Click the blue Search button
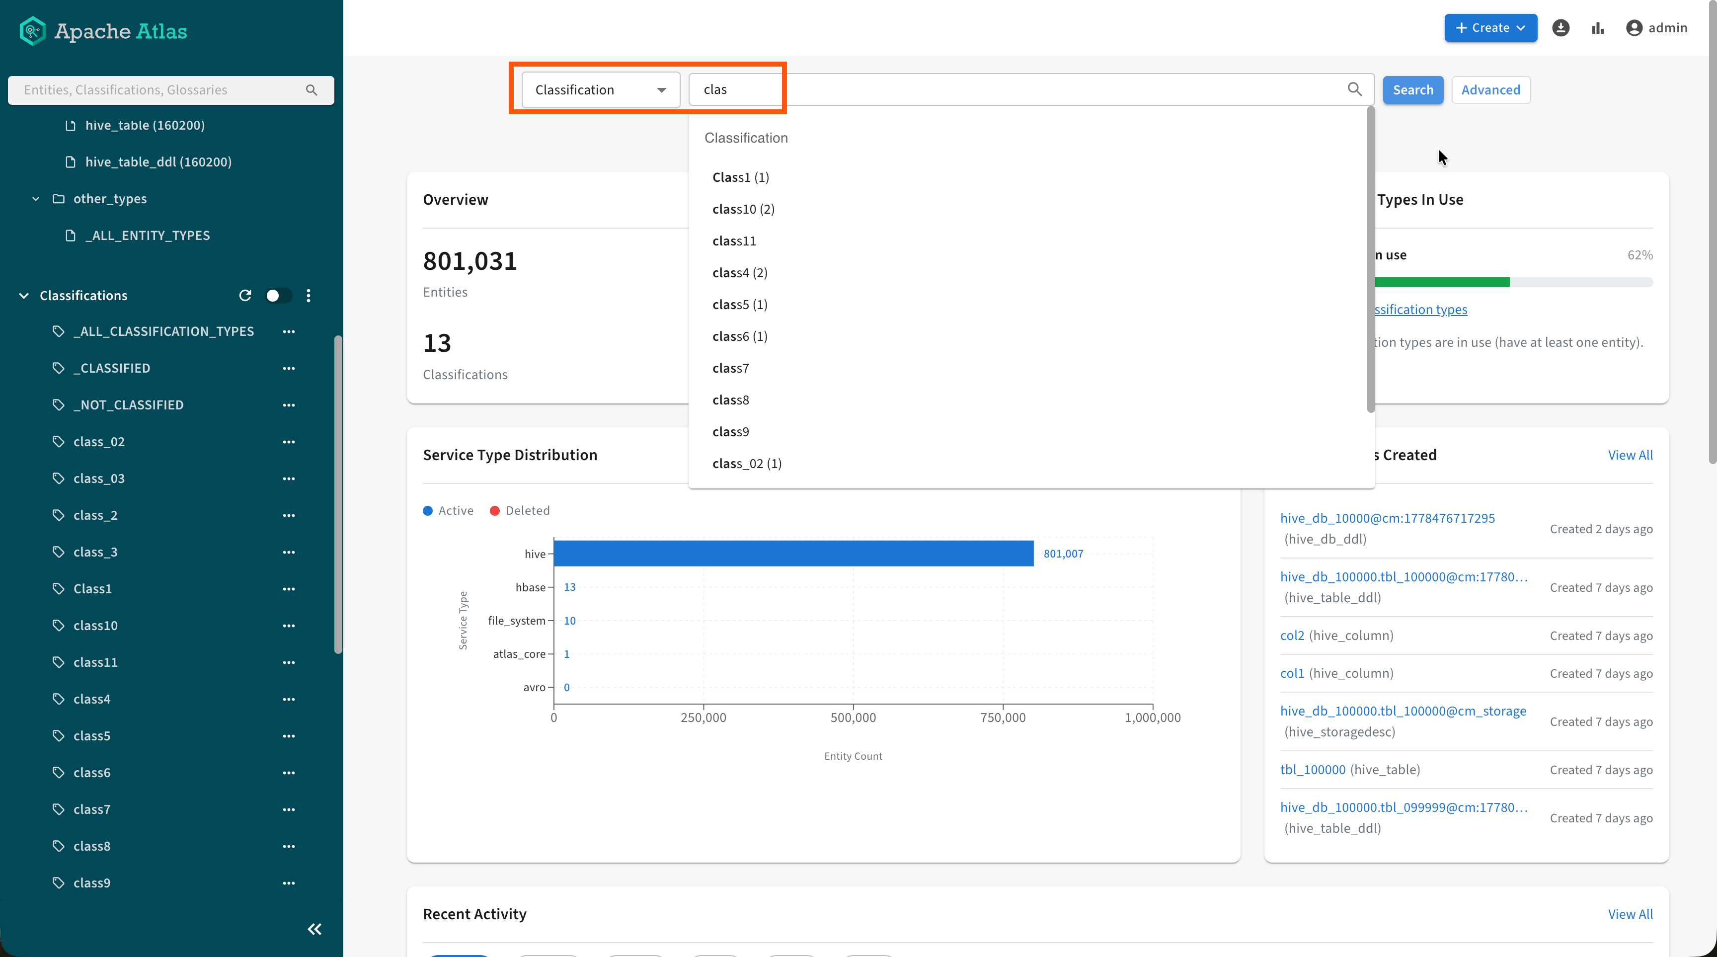(x=1412, y=90)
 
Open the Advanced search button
(x=1490, y=90)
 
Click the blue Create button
(x=1490, y=28)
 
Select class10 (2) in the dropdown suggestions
(x=743, y=209)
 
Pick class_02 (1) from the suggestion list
(x=747, y=464)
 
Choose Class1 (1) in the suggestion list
(x=741, y=177)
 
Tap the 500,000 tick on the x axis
(x=853, y=718)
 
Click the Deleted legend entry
(x=520, y=510)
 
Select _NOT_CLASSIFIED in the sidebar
(x=128, y=405)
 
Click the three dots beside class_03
(x=289, y=478)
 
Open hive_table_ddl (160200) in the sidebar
(x=158, y=162)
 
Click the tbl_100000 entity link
(x=1313, y=770)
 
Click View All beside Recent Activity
(x=1630, y=914)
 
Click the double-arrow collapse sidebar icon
(x=314, y=930)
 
